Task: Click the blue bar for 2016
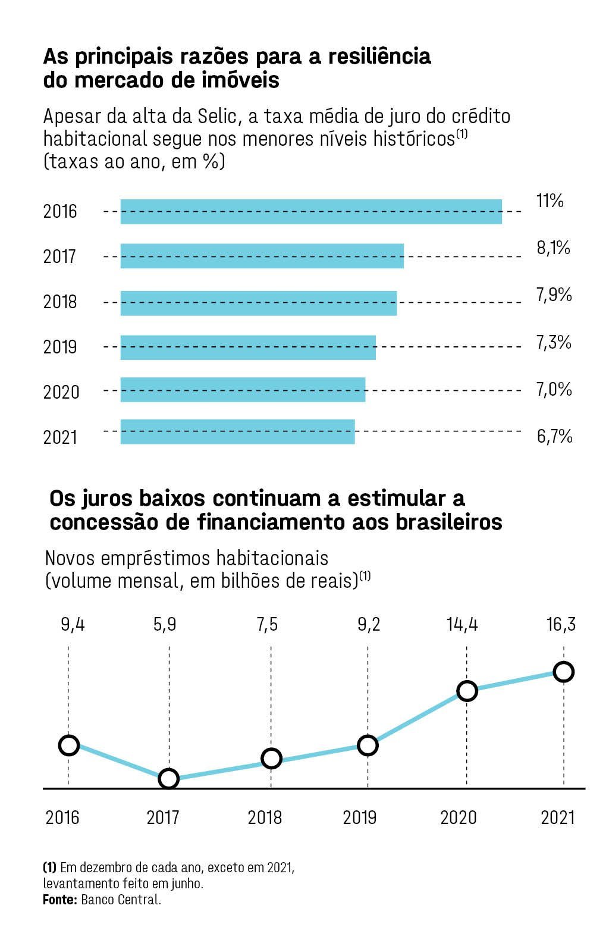coord(311,212)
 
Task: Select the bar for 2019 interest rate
coord(248,347)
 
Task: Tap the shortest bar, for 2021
coord(237,431)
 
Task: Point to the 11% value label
coord(550,201)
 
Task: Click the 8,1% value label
coord(553,248)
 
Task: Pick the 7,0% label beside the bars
coord(554,390)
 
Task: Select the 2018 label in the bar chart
coord(60,302)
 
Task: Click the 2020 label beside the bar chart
coord(61,392)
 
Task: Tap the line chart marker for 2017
coord(169,778)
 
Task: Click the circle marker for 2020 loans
coord(467,691)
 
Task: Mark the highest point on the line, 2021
coord(563,672)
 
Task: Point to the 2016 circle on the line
coord(69,745)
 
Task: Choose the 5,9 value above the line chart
coord(164,625)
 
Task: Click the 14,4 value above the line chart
coord(462,625)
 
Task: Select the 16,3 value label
coord(561,625)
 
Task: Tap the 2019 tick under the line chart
coord(360,817)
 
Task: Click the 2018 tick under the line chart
coord(265,817)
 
